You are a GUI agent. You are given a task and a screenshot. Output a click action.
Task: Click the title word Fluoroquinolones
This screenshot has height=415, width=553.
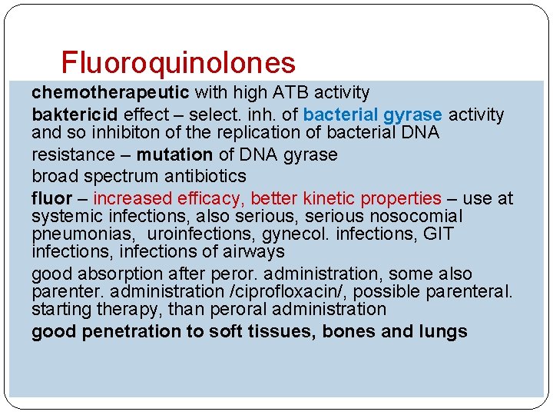click(177, 62)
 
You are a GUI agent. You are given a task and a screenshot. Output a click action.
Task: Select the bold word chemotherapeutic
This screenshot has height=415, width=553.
click(111, 93)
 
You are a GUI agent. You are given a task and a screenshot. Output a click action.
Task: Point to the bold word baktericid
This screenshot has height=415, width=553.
click(75, 115)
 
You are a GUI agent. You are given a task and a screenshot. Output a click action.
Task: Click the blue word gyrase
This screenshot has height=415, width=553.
click(412, 115)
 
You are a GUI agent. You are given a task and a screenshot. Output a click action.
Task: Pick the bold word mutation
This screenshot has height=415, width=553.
click(174, 154)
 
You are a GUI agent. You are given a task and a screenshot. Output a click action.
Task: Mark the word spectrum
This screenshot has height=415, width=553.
click(118, 177)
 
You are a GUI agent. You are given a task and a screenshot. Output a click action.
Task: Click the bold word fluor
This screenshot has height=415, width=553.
click(51, 199)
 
